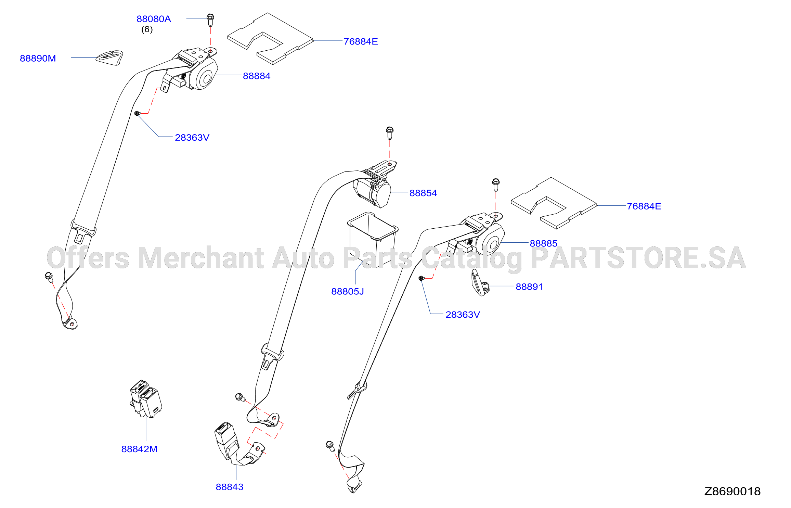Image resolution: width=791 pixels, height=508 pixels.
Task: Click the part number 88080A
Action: [154, 19]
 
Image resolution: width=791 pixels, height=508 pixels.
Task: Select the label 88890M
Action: [38, 58]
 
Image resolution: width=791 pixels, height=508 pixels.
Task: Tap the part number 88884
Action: [257, 76]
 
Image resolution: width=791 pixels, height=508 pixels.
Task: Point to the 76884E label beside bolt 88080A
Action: [361, 41]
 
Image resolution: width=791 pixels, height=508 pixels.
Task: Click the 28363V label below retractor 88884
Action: [192, 138]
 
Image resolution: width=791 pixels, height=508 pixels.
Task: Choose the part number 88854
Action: [423, 193]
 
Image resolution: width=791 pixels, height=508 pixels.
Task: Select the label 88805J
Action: [348, 291]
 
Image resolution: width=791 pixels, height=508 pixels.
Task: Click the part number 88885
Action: [544, 243]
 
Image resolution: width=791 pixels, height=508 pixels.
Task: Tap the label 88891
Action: [529, 287]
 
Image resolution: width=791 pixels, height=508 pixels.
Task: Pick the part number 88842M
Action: [139, 449]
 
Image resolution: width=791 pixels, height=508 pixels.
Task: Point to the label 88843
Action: [230, 487]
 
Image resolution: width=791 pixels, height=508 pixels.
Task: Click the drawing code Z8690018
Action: [732, 492]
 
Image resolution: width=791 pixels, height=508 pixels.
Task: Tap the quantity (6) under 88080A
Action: [147, 29]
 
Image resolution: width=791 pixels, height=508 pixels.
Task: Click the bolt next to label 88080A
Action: [210, 20]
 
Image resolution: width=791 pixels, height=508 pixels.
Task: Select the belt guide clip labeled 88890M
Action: [109, 58]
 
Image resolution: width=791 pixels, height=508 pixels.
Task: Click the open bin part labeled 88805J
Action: [373, 240]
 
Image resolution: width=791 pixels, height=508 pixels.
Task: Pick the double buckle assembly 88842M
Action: [146, 399]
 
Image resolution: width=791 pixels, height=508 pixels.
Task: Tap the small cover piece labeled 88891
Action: [480, 283]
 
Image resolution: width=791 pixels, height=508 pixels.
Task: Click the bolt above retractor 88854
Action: [389, 133]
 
